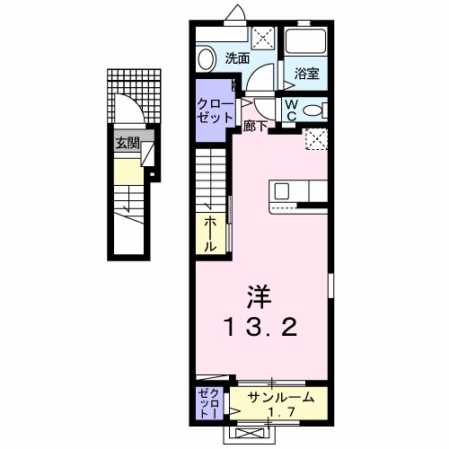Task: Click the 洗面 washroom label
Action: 237,59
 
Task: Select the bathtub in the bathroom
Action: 306,45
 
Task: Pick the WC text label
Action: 293,110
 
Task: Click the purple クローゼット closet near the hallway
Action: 215,111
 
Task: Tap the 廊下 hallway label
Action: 255,128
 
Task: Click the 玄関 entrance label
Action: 125,142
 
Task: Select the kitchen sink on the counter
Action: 282,190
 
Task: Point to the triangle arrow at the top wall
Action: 237,12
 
